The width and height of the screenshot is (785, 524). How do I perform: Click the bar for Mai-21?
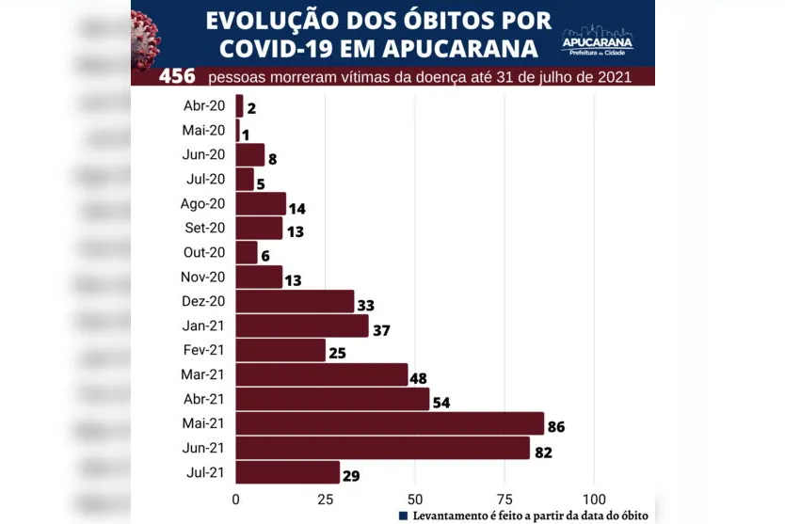(390, 423)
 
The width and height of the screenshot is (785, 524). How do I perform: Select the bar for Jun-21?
(382, 448)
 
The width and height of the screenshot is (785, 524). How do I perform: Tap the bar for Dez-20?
(295, 301)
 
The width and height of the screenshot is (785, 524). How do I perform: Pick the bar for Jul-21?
(287, 472)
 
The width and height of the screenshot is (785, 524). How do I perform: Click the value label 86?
(555, 428)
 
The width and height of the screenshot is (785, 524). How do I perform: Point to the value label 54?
(441, 404)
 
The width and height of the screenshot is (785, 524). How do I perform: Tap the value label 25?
(337, 355)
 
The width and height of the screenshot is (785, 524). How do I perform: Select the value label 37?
(380, 330)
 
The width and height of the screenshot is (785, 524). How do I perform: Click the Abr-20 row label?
(203, 105)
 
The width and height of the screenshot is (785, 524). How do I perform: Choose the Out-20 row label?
(203, 252)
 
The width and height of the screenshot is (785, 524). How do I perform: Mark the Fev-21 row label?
(203, 350)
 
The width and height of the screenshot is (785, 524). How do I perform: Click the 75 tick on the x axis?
(505, 499)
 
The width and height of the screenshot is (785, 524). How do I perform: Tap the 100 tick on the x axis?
(594, 499)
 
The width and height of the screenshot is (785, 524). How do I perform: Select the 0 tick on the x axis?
(235, 499)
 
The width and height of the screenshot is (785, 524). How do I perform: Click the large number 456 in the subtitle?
(178, 75)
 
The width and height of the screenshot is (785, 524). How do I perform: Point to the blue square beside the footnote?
(403, 516)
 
